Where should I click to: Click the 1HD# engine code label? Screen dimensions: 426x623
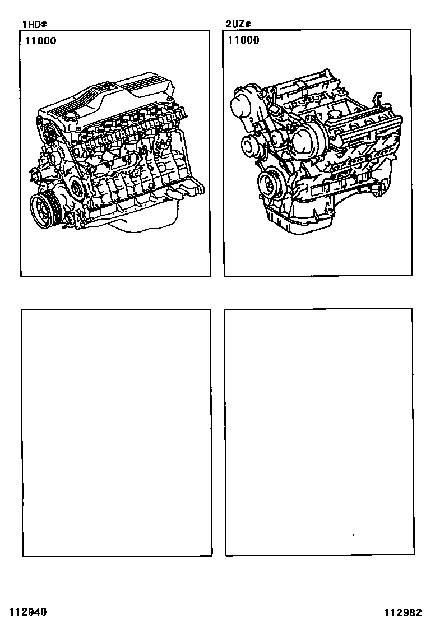[35, 25]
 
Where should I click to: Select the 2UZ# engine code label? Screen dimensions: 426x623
[238, 24]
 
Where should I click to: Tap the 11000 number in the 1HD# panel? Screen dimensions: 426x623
[41, 41]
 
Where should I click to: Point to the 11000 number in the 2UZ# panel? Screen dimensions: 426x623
[244, 40]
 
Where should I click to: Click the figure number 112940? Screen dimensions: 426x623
[28, 611]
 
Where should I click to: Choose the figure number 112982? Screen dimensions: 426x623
[402, 612]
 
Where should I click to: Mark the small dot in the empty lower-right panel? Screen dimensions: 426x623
[354, 535]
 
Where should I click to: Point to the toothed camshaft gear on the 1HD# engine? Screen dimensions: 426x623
[49, 133]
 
